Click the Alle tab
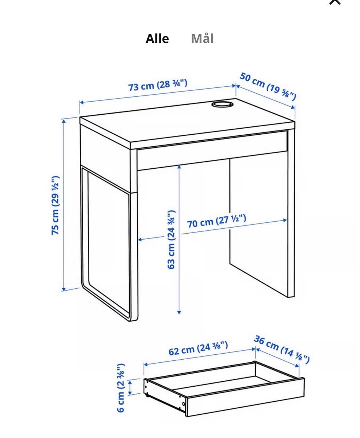pos(157,39)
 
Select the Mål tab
pos(202,39)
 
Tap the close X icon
pos(335,1)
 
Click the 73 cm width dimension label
pos(158,85)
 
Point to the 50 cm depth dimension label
pos(267,86)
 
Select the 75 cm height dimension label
pos(55,205)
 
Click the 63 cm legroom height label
pos(171,240)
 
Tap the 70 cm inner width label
pos(216,221)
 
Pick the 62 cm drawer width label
pos(198,348)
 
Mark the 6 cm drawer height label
pos(121,388)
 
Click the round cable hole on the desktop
pos(222,104)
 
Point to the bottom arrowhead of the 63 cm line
pos(179,312)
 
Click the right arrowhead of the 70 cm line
pos(285,220)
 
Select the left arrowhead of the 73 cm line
pos(82,102)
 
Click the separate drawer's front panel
pos(245,396)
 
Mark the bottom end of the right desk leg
pos(291,296)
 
